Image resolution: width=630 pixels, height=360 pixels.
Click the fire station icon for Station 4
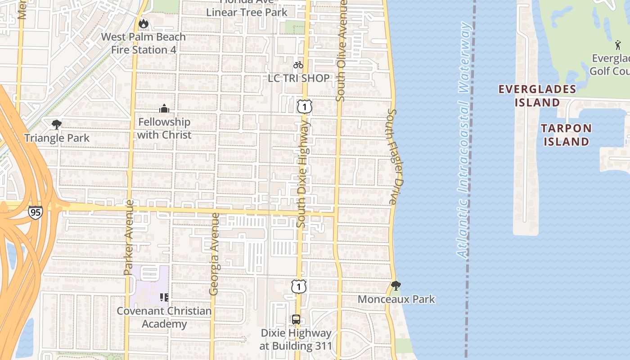click(x=143, y=23)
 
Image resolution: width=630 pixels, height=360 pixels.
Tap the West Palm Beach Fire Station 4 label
click(x=144, y=43)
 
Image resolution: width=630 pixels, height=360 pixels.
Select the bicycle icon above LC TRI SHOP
click(x=298, y=65)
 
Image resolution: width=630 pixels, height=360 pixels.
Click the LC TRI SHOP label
click(x=299, y=78)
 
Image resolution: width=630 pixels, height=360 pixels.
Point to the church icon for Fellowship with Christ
click(x=164, y=108)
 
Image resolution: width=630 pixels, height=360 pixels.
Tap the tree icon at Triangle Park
click(x=57, y=124)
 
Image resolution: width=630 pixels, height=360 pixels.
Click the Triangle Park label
click(x=57, y=138)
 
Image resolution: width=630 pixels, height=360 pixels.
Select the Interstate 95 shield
click(x=35, y=212)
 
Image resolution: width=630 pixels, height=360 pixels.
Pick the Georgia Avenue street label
click(x=215, y=254)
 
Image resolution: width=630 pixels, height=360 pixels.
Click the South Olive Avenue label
click(x=342, y=50)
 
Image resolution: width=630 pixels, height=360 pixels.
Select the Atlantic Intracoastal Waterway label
click(x=464, y=139)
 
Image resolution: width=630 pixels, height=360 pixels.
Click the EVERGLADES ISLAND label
click(x=537, y=95)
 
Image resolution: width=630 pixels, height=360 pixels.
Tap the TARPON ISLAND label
click(x=566, y=135)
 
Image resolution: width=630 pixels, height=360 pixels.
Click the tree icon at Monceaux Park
click(x=396, y=285)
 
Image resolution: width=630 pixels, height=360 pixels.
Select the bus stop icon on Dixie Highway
click(x=296, y=319)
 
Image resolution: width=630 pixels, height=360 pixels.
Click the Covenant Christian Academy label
click(x=164, y=317)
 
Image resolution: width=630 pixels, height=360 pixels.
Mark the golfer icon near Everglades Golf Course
click(x=618, y=45)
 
